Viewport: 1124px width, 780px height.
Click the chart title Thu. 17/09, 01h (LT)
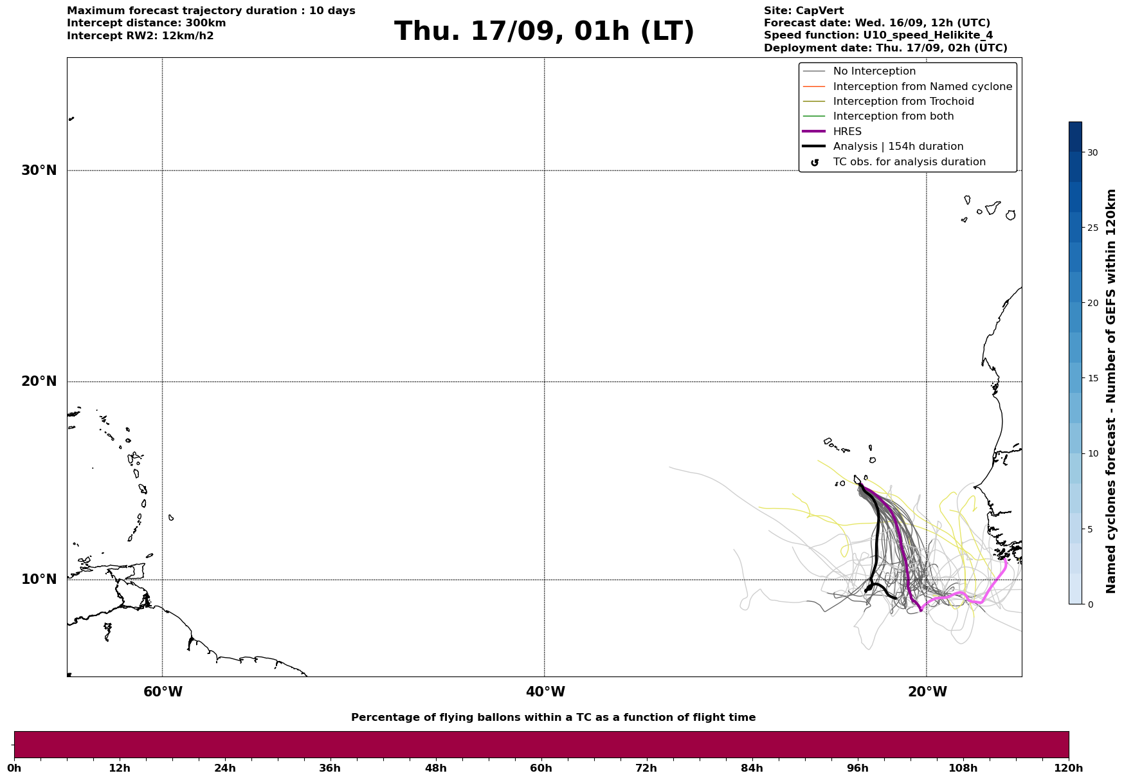[x=544, y=32]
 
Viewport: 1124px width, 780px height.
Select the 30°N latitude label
[x=39, y=170]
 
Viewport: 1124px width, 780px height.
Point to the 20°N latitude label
[x=39, y=381]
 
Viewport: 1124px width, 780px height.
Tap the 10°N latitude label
[x=39, y=579]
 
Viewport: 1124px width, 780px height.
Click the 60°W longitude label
[x=163, y=692]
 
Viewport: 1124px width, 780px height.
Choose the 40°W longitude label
[x=545, y=692]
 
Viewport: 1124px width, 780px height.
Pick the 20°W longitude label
[x=927, y=692]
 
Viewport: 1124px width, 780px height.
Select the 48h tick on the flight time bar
[x=435, y=768]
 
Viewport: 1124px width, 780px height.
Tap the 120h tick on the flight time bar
[x=1069, y=768]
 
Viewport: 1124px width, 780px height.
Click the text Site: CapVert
[x=804, y=11]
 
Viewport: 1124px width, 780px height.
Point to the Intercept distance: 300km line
[x=147, y=23]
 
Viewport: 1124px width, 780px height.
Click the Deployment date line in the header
[x=885, y=48]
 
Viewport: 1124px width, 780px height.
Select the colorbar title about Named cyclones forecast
[x=1110, y=391]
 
